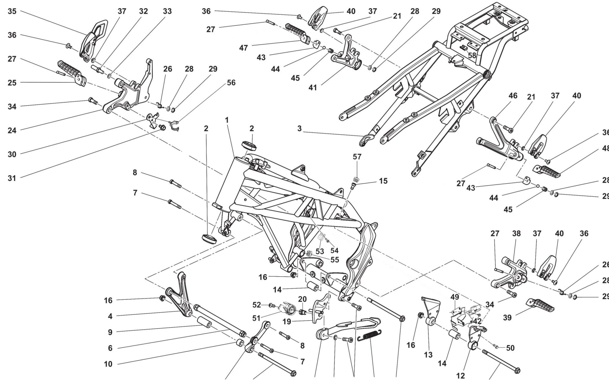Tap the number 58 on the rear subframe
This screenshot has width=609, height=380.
[472, 55]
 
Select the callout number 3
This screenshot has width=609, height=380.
[299, 129]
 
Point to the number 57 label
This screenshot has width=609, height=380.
[357, 157]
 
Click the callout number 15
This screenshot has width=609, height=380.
[383, 181]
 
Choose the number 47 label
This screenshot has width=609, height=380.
[243, 48]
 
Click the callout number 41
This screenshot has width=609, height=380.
[313, 88]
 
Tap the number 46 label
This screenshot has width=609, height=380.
[513, 96]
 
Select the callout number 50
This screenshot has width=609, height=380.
[510, 348]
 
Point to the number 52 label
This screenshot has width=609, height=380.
[257, 305]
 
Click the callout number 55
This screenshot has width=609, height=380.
[335, 260]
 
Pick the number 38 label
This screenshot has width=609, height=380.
[516, 233]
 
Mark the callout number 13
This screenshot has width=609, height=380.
[428, 355]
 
